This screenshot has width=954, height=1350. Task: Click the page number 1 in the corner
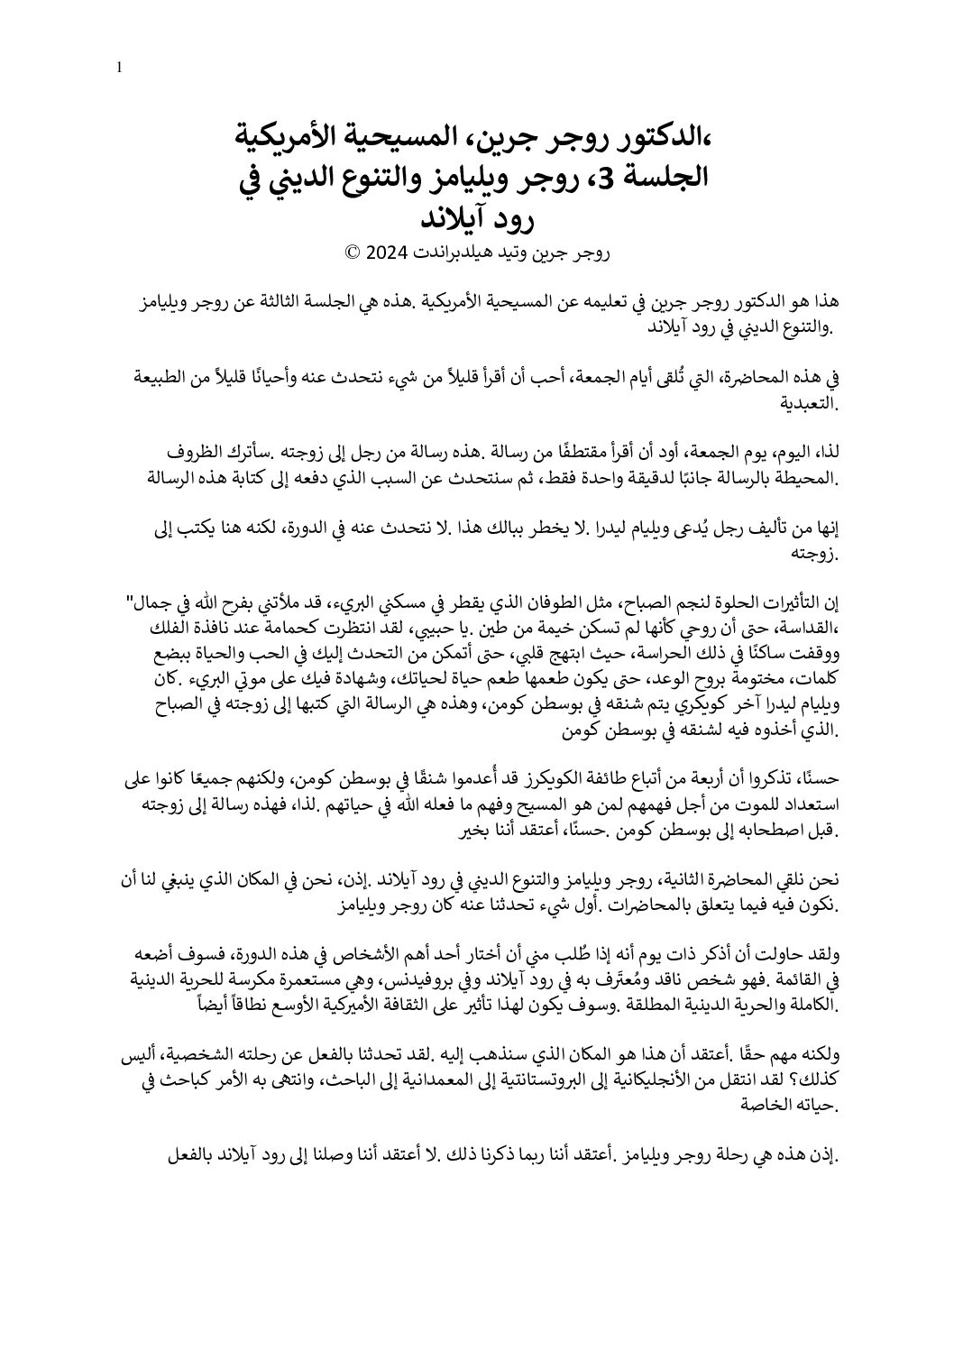pos(119,68)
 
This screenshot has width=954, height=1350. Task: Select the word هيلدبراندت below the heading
pos(458,253)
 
